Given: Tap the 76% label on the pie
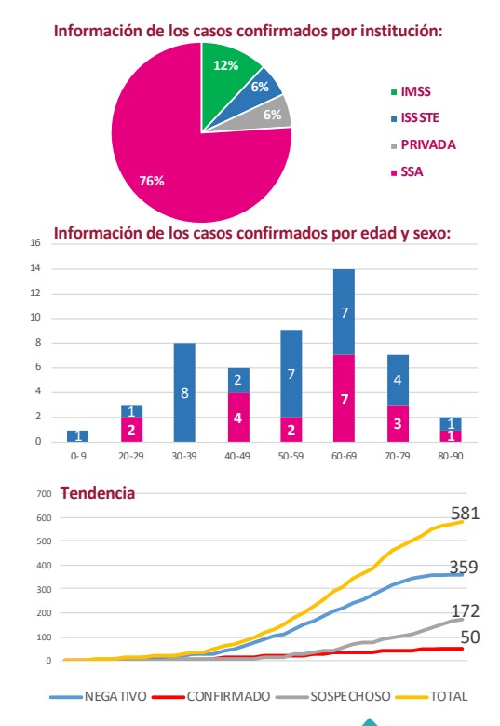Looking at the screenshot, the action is click(x=152, y=181).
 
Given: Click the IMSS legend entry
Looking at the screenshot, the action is click(x=411, y=91).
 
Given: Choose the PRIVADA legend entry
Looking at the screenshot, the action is click(x=424, y=145).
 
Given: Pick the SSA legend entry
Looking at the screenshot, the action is click(x=407, y=172).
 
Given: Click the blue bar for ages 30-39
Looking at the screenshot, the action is click(x=184, y=392).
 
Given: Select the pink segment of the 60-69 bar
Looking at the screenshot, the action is click(x=345, y=398).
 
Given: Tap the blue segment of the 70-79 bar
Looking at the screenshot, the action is click(x=398, y=380).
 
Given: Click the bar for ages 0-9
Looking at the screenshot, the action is click(x=77, y=435).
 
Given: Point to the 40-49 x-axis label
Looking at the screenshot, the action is click(x=237, y=456).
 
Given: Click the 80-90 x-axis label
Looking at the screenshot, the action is click(x=451, y=456).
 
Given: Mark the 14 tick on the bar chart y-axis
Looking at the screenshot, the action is click(x=35, y=268).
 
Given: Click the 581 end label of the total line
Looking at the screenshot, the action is click(x=465, y=513).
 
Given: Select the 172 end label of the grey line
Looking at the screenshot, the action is click(x=465, y=611).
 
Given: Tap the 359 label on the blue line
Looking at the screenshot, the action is click(x=464, y=568).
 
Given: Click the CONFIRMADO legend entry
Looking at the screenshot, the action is click(x=212, y=696).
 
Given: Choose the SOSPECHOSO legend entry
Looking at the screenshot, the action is click(x=333, y=696).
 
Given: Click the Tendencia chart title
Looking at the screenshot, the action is click(x=98, y=493).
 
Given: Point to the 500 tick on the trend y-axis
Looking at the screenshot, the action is click(x=44, y=541).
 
